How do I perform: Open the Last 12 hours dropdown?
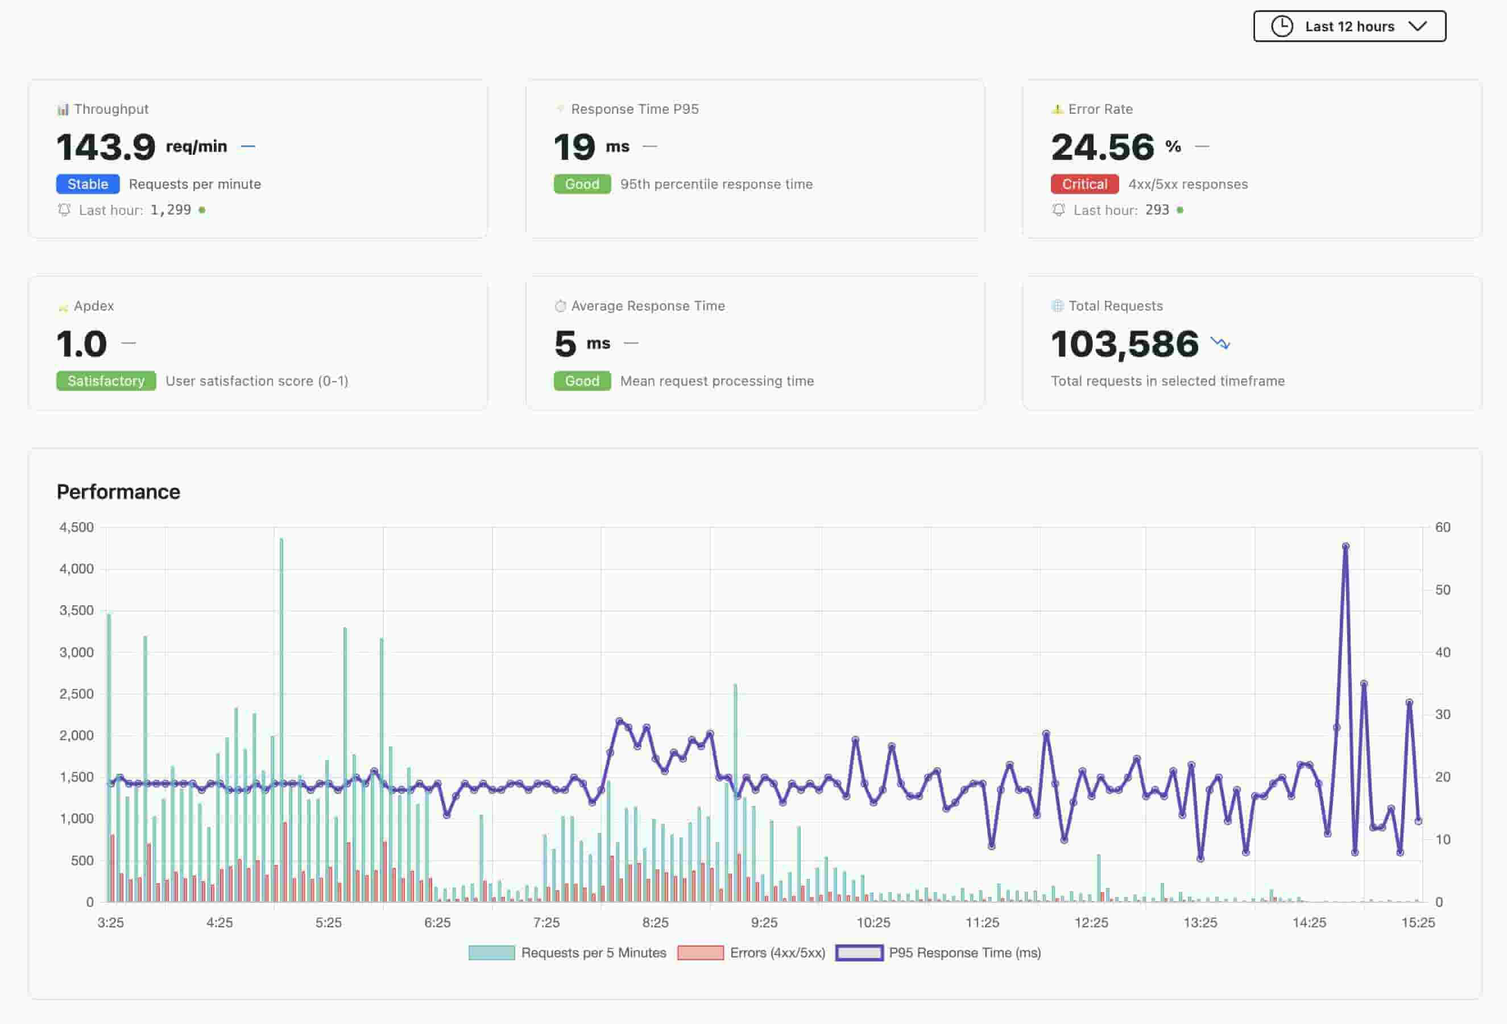point(1349,27)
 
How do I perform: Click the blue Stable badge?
point(88,184)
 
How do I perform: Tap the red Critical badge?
point(1084,184)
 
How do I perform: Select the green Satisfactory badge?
point(106,381)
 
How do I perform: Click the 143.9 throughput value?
point(106,147)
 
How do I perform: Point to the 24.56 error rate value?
point(1102,147)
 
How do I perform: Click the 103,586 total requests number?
point(1124,344)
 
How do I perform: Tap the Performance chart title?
point(118,492)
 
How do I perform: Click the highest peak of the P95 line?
point(1345,547)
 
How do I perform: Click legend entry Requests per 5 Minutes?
point(568,953)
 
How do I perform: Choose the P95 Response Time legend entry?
point(939,953)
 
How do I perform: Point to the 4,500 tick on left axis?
point(77,527)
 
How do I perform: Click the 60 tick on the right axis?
point(1442,527)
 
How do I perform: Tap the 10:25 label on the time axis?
point(873,922)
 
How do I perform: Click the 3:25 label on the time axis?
point(110,922)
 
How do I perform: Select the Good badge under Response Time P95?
point(582,184)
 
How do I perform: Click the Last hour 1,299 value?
point(171,210)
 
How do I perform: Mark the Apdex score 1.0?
point(82,344)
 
